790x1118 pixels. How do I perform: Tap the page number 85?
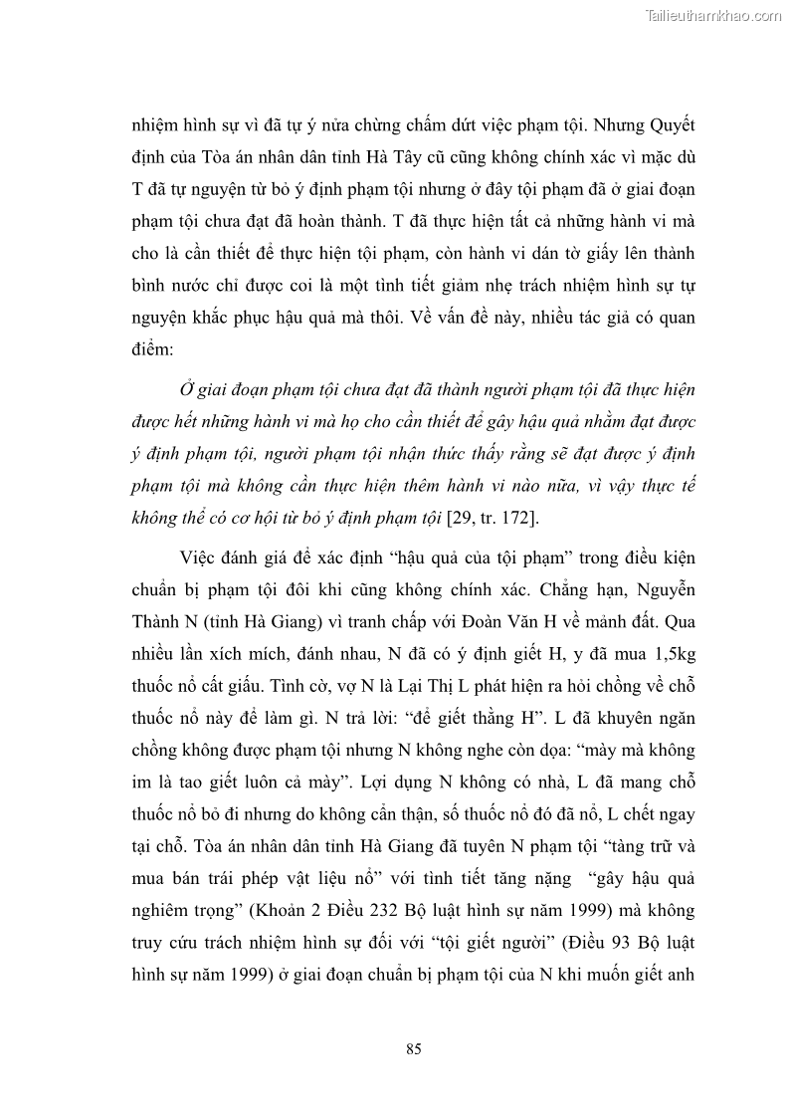coord(415,1048)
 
